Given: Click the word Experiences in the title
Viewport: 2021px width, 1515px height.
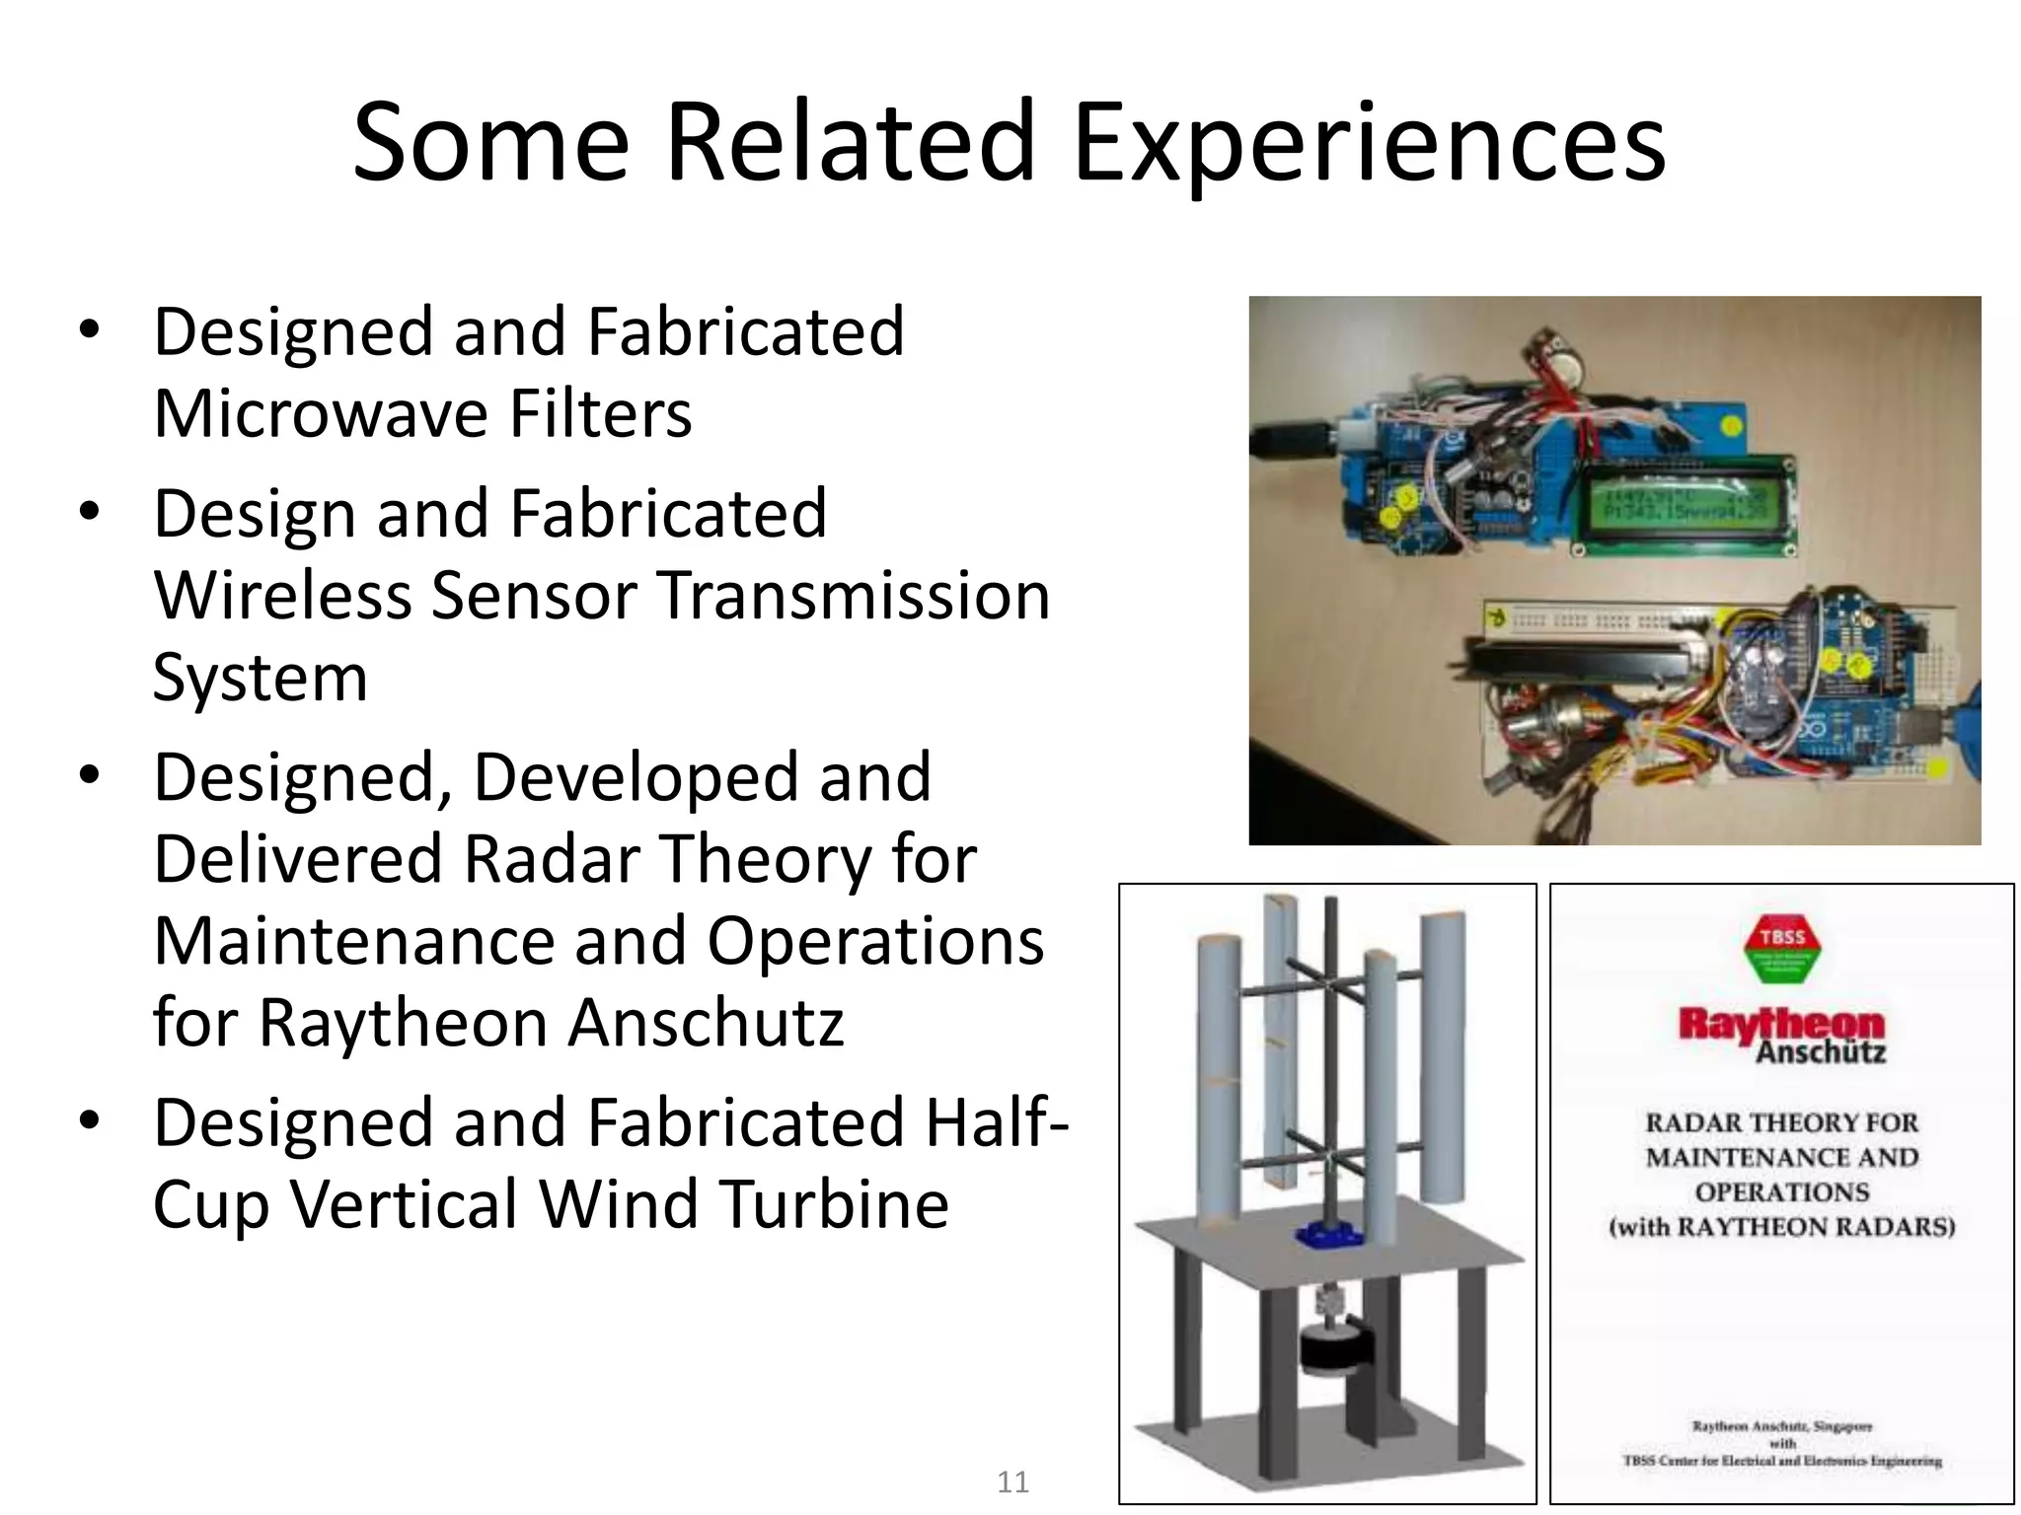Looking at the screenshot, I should pos(1370,143).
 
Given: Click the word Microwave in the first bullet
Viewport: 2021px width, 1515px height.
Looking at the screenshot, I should pos(320,413).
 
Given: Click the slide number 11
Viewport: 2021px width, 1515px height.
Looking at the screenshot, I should pos(1013,1481).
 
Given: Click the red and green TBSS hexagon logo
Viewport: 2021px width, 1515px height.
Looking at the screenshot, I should pos(1782,949).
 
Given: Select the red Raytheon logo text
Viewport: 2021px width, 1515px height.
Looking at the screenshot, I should pos(1781,1024).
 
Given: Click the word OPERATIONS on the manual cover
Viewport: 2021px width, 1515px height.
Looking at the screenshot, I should pos(1782,1192).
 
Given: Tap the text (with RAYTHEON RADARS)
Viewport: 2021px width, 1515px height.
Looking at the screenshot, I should pos(1782,1227).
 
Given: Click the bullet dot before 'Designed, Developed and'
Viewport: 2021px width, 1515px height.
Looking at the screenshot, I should pos(90,775).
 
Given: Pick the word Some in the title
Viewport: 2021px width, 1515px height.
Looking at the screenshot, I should pos(490,143).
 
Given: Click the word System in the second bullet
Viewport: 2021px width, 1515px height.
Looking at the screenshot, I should pos(261,678).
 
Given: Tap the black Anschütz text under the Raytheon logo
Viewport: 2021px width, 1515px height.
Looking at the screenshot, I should pos(1821,1052).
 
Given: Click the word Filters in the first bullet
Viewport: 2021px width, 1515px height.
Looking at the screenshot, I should pos(600,413).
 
